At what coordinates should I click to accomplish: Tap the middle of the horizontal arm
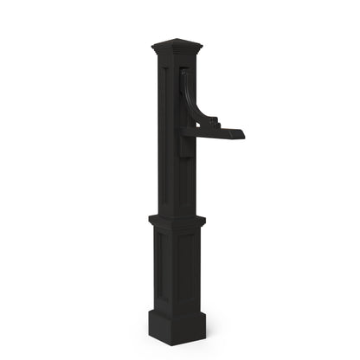point(216,132)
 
